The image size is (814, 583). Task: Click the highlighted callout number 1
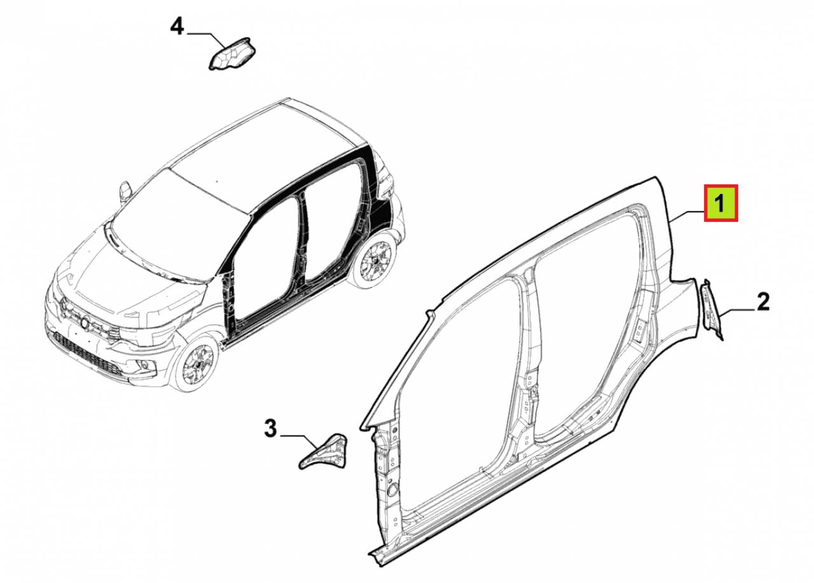point(721,203)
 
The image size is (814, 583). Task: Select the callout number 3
point(270,429)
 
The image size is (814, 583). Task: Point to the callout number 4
point(177,26)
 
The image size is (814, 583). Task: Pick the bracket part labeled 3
point(323,451)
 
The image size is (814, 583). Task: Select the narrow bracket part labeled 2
point(711,309)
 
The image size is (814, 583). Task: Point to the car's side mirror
point(125,190)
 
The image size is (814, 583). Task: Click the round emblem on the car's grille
point(85,322)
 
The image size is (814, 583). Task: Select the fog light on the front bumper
point(143,365)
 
